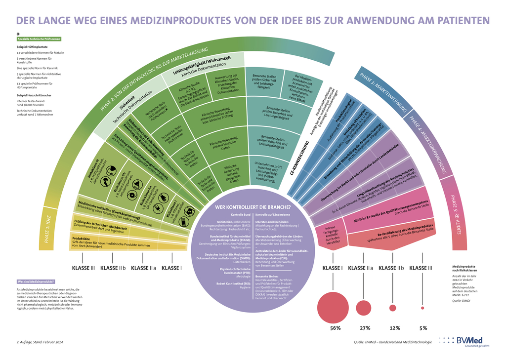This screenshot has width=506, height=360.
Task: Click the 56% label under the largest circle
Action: (336, 328)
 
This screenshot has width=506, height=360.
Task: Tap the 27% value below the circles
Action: (365, 328)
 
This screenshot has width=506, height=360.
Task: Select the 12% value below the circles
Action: (395, 328)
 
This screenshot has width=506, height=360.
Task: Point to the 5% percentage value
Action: (423, 328)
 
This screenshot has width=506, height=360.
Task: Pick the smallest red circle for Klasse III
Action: (422, 308)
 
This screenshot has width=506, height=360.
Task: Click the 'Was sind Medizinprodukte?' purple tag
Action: (36, 281)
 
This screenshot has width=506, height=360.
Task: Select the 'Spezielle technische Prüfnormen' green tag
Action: (39, 39)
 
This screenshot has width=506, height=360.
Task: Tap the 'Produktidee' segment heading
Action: (83, 239)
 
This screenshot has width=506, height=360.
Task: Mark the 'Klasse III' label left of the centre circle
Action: (84, 268)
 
